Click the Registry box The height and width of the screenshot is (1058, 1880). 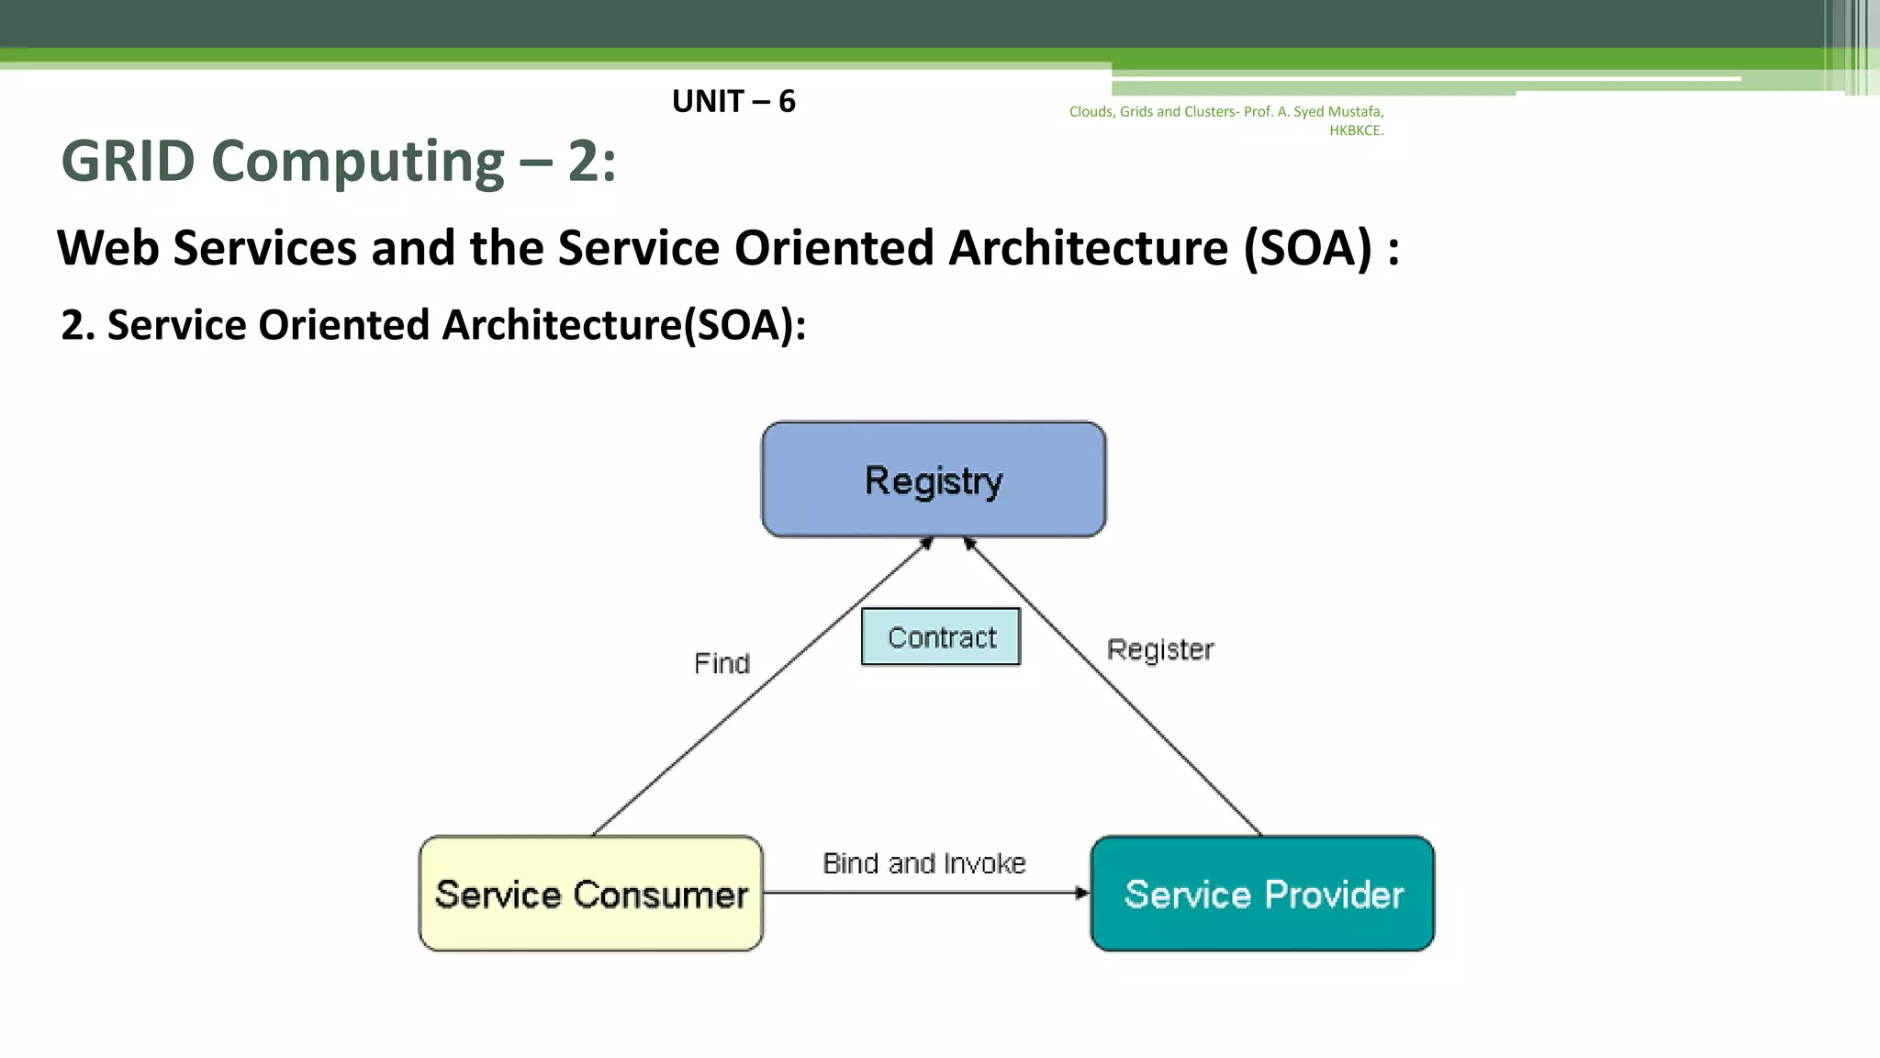click(934, 479)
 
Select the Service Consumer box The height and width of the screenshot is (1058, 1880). click(590, 894)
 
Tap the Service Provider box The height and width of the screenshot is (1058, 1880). click(1262, 894)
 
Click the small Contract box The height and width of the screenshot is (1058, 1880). click(941, 636)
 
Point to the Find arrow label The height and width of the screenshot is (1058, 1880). click(722, 663)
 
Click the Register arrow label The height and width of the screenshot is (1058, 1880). click(1160, 649)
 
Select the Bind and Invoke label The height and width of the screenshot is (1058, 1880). click(923, 863)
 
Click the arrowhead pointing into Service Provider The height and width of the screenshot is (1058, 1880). click(1082, 893)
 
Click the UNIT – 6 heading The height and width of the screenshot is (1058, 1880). click(733, 101)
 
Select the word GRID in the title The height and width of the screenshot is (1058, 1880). click(128, 162)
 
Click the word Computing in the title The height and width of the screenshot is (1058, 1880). click(358, 162)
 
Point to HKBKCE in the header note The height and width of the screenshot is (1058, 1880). click(1356, 130)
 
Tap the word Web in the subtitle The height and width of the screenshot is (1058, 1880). click(107, 248)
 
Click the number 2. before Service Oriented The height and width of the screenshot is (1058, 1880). click(77, 325)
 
